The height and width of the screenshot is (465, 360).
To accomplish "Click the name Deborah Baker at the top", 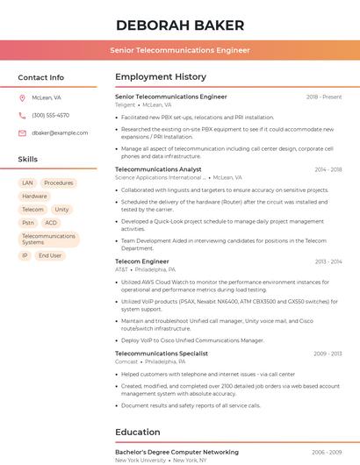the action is click(x=180, y=25).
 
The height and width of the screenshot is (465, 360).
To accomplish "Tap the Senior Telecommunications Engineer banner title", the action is click(x=180, y=50).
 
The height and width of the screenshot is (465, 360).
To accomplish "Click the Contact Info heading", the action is click(x=40, y=77).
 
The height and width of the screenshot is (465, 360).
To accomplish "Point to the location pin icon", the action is click(x=22, y=98).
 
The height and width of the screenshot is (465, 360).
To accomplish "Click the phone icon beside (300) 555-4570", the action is click(x=22, y=115).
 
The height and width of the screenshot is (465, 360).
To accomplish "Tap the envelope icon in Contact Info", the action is click(x=22, y=132).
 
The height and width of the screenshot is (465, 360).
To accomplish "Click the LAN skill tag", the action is click(x=27, y=183).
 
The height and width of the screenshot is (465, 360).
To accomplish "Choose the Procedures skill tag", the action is click(x=59, y=183).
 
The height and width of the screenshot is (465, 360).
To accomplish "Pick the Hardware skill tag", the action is click(x=35, y=197).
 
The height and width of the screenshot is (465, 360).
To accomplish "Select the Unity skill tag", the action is click(x=61, y=210).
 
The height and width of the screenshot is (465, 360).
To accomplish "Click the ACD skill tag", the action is click(x=51, y=223).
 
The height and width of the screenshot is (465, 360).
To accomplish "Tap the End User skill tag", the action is click(x=50, y=255).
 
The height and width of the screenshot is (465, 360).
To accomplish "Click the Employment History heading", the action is click(x=161, y=77).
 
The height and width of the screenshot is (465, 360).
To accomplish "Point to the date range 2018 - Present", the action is click(x=324, y=97).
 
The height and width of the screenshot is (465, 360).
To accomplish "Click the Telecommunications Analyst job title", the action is click(x=158, y=169).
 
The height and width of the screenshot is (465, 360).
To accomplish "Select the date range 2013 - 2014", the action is click(x=328, y=261).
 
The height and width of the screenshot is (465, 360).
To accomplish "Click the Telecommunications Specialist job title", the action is click(x=162, y=354).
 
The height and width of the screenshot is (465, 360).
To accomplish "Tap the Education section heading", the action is click(x=138, y=432).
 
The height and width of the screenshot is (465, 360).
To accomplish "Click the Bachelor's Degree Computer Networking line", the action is click(x=176, y=452).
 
